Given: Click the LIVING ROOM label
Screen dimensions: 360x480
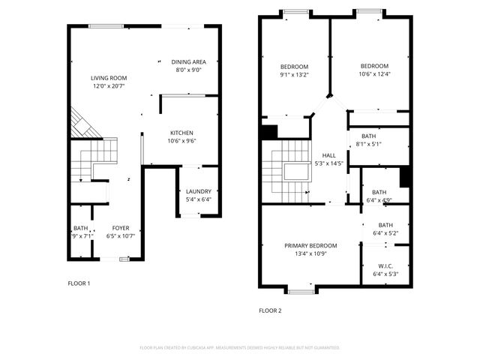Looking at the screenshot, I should [109, 78].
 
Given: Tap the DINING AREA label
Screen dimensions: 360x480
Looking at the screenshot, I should [188, 62].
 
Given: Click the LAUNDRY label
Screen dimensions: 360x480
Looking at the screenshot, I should [198, 191].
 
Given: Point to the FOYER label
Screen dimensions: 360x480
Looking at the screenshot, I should [120, 228].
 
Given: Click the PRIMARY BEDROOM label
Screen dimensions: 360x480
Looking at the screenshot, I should [310, 245].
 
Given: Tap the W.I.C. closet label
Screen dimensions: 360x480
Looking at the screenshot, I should [385, 266].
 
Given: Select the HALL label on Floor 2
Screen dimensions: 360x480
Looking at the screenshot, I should [329, 155].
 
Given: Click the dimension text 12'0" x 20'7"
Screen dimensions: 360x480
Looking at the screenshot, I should [109, 86].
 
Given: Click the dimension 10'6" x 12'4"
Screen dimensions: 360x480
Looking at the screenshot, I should [373, 73].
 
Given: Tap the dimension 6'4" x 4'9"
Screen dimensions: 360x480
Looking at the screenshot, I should [379, 200].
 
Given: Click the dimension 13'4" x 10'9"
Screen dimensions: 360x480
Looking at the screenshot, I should [310, 253].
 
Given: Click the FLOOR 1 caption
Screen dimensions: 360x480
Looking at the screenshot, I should [79, 283].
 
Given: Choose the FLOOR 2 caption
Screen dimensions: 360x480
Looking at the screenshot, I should [269, 310].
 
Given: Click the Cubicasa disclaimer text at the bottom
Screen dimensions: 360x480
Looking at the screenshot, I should [240, 348].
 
